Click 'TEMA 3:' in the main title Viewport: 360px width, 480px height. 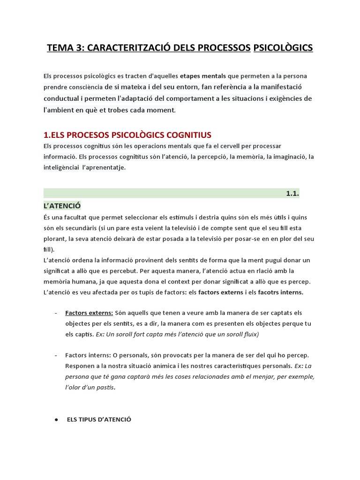coord(65,48)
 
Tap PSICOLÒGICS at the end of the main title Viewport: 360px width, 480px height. coord(283,48)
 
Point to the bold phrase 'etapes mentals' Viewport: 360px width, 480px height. coord(203,75)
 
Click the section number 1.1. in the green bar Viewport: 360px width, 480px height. coord(292,193)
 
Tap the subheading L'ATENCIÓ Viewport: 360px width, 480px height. coord(62,205)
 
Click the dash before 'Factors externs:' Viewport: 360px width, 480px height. coord(56,313)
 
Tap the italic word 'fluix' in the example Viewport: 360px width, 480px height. coord(248,334)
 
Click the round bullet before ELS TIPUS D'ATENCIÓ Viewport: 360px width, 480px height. coord(56,420)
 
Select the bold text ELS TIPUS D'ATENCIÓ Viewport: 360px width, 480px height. coord(99,420)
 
